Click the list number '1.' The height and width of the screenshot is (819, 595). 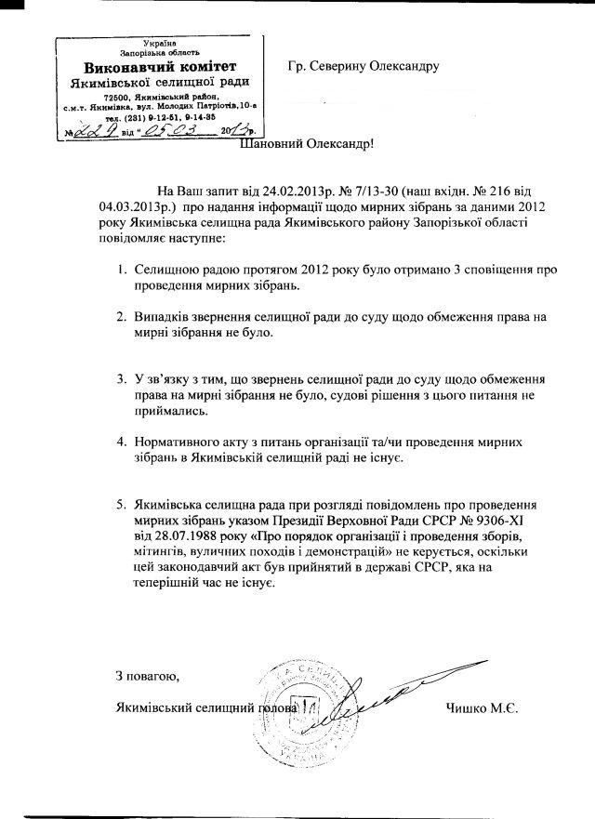point(121,269)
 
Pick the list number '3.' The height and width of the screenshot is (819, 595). point(121,380)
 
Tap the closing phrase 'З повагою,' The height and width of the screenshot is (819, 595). point(145,674)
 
